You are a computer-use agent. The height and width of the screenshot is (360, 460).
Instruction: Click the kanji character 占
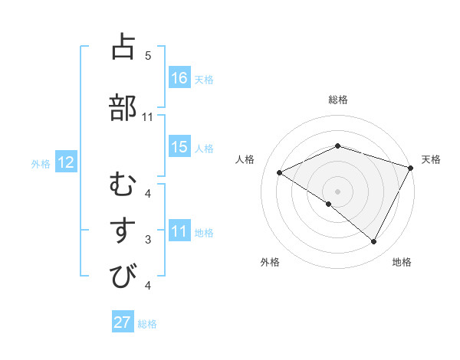123,47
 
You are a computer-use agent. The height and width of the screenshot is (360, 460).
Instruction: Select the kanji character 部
123,108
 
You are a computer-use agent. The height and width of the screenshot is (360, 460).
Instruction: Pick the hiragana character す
123,231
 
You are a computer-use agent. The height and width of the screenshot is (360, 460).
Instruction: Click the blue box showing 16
179,78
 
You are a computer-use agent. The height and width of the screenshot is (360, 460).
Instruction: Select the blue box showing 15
179,147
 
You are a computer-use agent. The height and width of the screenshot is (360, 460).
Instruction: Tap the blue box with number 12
65,162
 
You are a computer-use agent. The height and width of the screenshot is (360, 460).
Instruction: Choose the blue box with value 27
123,322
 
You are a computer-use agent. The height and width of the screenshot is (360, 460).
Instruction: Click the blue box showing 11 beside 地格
179,231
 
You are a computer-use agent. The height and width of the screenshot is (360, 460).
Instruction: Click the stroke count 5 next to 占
148,56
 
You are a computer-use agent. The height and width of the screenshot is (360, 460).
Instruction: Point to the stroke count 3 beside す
148,240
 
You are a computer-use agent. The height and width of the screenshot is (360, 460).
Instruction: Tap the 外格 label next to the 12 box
41,163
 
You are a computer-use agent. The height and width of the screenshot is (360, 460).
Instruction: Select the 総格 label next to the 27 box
147,324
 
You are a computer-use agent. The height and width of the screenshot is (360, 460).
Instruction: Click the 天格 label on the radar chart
431,159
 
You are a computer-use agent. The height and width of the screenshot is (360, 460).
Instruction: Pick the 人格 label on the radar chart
245,159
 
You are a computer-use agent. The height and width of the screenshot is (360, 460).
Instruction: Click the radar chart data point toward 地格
374,242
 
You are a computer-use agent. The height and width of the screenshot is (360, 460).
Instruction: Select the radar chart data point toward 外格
329,204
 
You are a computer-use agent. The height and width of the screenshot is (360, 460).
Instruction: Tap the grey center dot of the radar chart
337,191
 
